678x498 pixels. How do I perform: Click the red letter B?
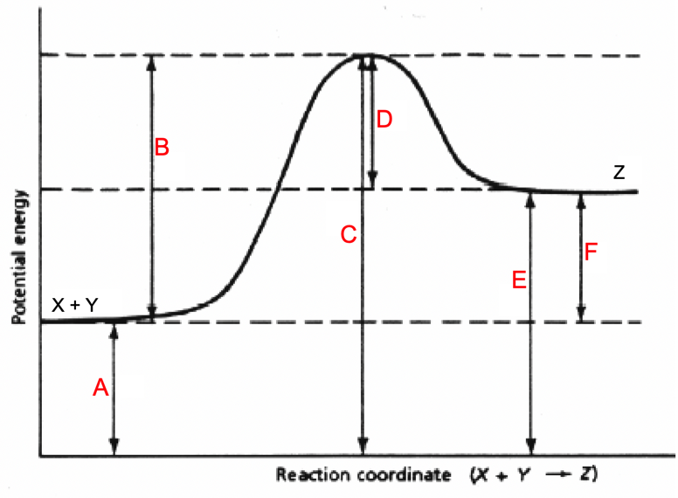[162, 147]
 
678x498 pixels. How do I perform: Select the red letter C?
[348, 234]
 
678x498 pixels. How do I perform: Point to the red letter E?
[518, 280]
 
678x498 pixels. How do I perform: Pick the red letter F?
[592, 253]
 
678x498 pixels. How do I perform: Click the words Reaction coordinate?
[363, 475]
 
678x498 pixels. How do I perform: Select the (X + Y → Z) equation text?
[533, 475]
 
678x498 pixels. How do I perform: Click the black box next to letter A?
[132, 385]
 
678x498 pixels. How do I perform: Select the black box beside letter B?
[171, 166]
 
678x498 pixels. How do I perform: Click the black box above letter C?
[342, 218]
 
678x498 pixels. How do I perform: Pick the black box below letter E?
[513, 300]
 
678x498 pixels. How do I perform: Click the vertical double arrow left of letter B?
[153, 188]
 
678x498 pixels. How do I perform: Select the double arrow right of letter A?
[114, 389]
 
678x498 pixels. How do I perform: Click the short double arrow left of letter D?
[373, 122]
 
